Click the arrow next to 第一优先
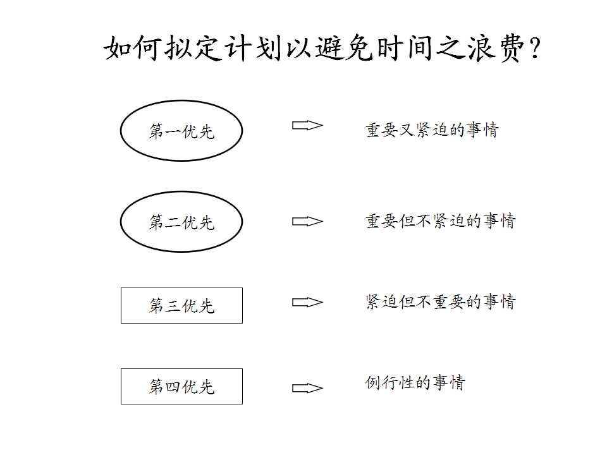click(x=307, y=125)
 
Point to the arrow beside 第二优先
click(x=307, y=221)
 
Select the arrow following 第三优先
click(x=307, y=302)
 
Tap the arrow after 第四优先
click(x=307, y=387)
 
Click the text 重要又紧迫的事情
click(x=432, y=130)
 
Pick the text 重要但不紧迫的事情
click(x=441, y=221)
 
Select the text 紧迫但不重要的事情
click(x=441, y=302)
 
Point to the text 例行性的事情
click(x=415, y=383)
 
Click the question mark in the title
click(x=536, y=49)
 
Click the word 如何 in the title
click(x=132, y=48)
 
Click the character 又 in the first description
click(x=407, y=130)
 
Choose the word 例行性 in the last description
click(x=390, y=383)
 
